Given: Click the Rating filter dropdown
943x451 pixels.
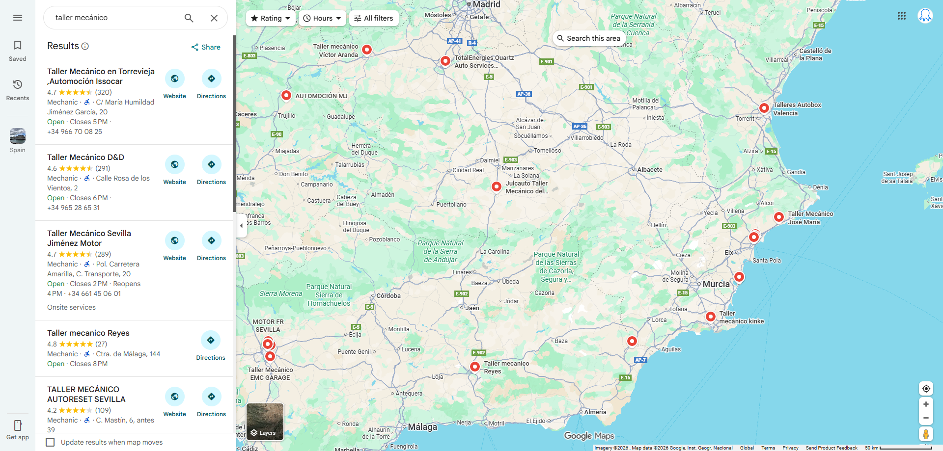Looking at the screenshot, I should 271,18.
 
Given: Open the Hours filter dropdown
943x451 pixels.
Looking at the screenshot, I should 322,18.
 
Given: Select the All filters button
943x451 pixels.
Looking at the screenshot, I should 374,18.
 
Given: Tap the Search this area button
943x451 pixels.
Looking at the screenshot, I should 588,38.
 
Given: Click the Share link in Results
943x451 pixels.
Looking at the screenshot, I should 206,47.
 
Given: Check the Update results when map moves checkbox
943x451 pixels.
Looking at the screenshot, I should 50,442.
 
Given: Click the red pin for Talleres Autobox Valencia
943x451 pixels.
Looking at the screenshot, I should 764,108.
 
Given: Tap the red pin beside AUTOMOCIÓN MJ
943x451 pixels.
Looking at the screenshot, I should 286,95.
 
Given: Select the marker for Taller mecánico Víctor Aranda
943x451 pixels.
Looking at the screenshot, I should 367,49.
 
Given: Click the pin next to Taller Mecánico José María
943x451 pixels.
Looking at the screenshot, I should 778,216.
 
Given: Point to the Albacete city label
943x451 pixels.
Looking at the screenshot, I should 650,170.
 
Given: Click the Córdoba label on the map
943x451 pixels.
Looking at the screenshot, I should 388,296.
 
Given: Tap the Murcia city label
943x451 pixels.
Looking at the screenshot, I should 716,284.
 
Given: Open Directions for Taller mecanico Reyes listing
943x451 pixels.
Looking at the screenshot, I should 211,345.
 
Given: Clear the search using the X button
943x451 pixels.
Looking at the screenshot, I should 214,18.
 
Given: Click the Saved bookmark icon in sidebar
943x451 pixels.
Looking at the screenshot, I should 18,51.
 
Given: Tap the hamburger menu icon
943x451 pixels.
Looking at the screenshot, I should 18,18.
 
